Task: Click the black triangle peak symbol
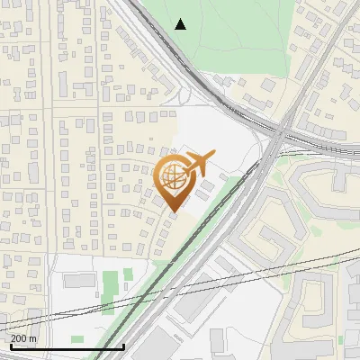point(181,24)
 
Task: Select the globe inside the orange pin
point(173,178)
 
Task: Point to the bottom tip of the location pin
point(173,212)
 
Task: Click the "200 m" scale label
point(23,338)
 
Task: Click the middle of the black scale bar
point(67,346)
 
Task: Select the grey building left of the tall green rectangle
point(79,281)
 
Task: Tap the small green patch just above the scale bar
point(77,339)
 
